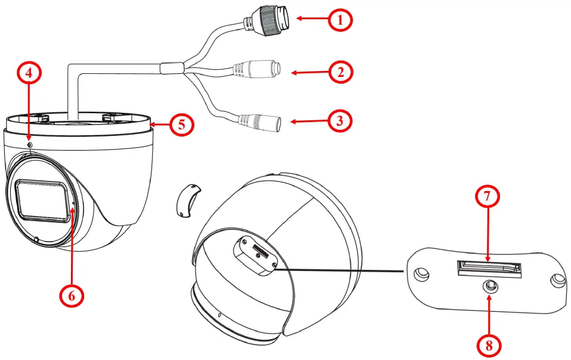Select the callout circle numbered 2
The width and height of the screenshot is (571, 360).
tap(341, 73)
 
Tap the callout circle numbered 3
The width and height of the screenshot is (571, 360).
tap(341, 121)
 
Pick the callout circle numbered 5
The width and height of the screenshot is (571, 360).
tap(180, 124)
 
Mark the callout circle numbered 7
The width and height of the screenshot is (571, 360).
tap(487, 197)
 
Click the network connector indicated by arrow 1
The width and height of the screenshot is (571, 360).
tap(274, 19)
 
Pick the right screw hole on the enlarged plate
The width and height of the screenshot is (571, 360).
tap(558, 280)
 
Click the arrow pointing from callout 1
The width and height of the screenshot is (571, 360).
tap(313, 19)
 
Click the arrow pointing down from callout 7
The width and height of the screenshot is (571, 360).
tap(487, 237)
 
